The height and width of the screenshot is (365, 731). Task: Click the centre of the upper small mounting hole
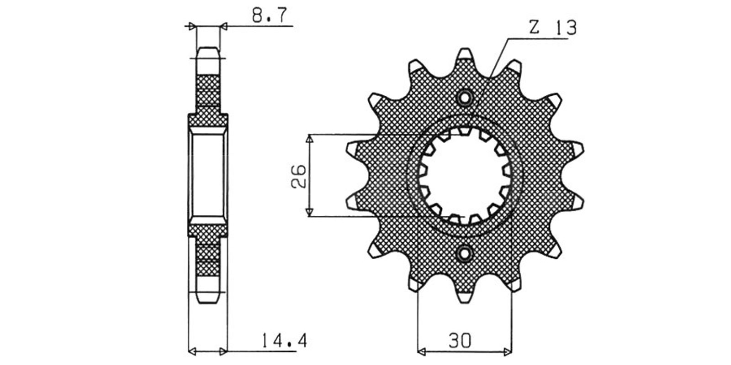[x=465, y=98]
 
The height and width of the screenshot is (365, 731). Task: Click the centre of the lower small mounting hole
[x=465, y=254]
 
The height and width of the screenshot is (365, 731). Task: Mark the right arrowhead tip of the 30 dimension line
[x=512, y=352]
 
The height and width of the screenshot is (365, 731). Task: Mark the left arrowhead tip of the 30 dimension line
[x=418, y=352]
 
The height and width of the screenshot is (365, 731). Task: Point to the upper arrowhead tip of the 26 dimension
[x=309, y=135]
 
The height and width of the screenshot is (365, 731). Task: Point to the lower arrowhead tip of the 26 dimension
[x=309, y=216]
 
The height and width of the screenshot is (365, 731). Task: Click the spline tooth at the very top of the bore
[x=465, y=131]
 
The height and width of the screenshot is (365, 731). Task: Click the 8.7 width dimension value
[x=269, y=16]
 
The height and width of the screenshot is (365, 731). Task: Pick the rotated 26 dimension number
[x=298, y=176]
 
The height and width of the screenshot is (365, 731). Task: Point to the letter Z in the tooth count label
[x=534, y=28]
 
